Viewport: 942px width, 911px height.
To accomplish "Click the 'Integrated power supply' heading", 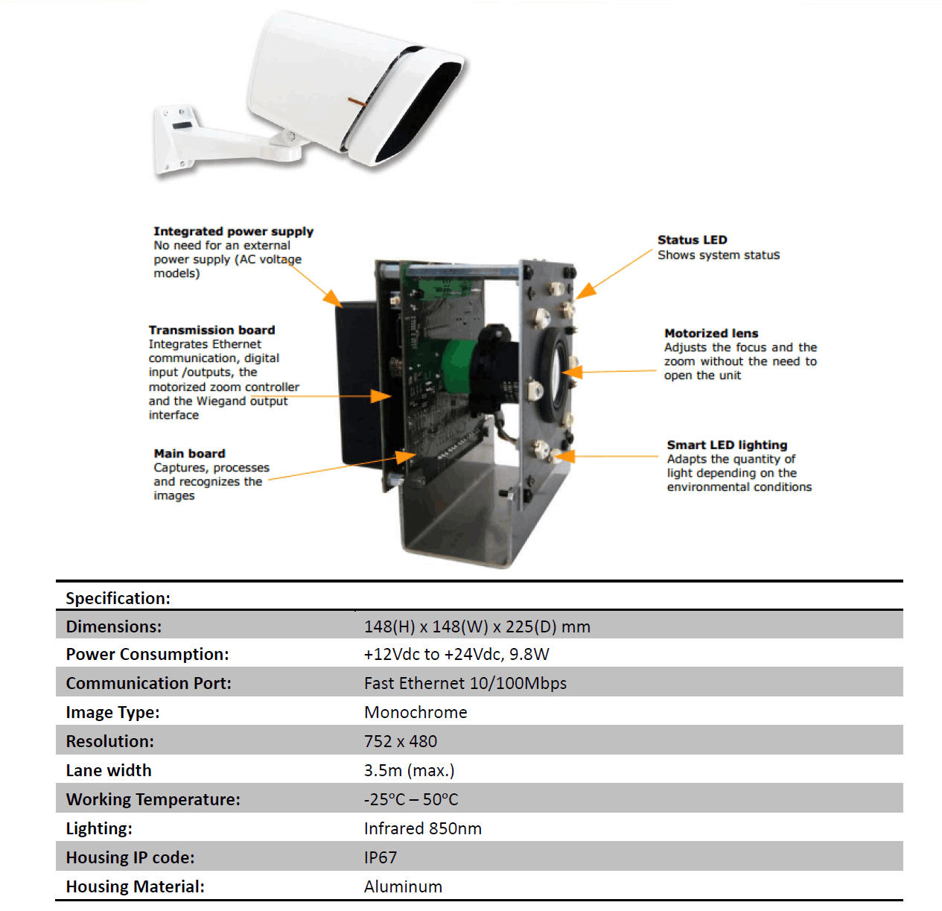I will coord(233,232).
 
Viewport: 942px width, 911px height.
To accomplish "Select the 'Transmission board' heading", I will coord(211,330).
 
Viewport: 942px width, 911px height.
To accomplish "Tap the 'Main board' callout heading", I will coord(189,454).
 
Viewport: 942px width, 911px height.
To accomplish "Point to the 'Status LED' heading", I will coord(692,240).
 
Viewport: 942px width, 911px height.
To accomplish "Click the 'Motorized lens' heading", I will coord(711,334).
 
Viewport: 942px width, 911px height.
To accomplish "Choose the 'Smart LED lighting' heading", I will coord(727,445).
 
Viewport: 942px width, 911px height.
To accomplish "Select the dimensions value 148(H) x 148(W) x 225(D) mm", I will coord(477,626).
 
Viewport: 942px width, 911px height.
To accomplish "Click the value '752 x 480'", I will coord(401,741).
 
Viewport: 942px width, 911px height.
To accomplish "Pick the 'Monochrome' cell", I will coord(416,712).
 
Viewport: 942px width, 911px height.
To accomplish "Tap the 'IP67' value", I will coord(381,857).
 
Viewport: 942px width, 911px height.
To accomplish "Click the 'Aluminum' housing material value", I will coord(403,886).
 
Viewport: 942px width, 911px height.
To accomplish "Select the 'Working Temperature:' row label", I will coord(153,799).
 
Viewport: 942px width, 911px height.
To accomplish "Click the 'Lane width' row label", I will coord(109,770).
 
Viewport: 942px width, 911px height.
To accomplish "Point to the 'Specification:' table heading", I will coord(118,598).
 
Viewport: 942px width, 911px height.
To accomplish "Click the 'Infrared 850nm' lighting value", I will coord(422,828).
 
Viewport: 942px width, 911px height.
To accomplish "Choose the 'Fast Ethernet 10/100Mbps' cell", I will coord(465,683).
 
